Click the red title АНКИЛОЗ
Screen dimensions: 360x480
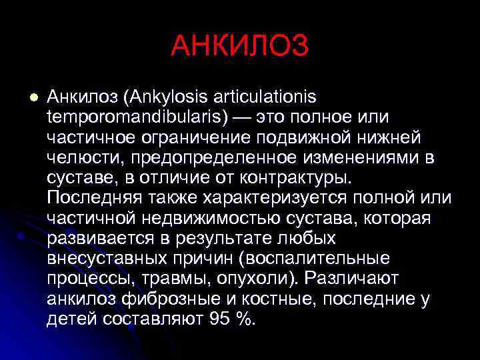(239, 46)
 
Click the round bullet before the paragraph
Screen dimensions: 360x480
(27, 98)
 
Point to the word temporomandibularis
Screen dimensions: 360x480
(134, 117)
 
